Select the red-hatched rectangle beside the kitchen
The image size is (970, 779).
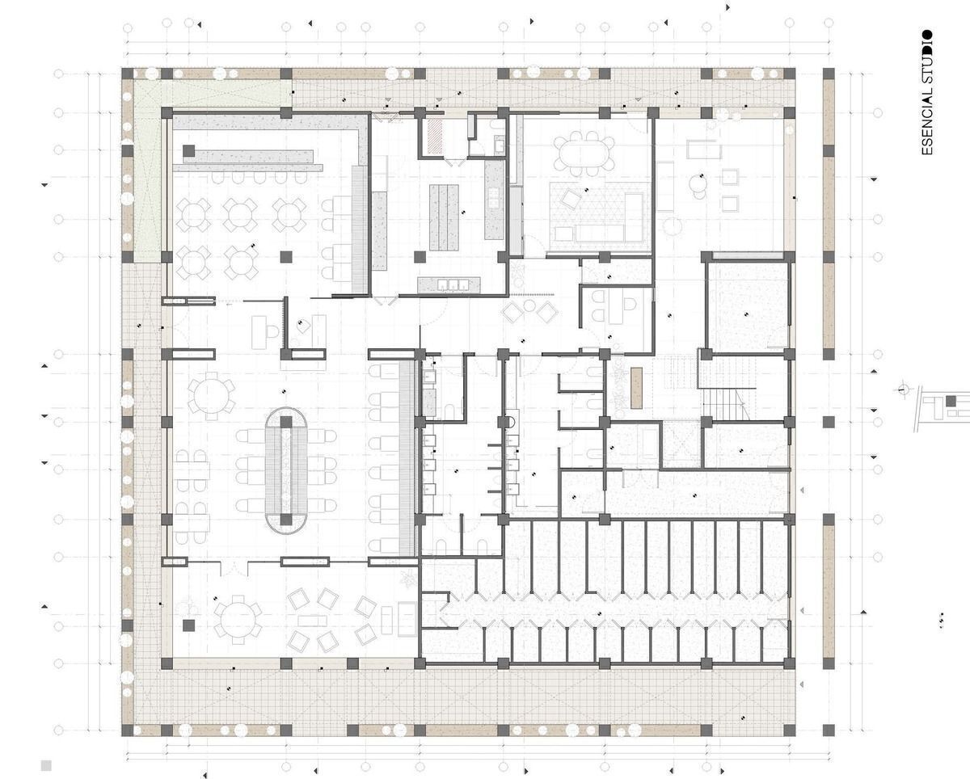tap(435, 133)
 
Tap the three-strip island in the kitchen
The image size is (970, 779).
tap(444, 217)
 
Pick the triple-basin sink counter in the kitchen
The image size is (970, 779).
tap(449, 284)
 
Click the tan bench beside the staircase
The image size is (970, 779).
tap(636, 388)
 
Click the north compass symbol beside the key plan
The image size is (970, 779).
tap(903, 389)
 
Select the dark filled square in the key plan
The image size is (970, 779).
tap(951, 401)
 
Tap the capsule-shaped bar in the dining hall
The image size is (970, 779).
tap(286, 470)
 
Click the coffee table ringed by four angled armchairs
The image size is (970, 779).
tap(312, 621)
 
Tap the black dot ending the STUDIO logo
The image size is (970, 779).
tap(926, 35)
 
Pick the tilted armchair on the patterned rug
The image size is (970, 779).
tap(571, 198)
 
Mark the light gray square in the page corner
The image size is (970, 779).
tap(46, 765)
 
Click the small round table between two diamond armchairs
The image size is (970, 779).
tap(529, 306)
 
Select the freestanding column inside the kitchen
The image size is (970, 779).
tap(420, 257)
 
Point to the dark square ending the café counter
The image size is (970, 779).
tap(189, 150)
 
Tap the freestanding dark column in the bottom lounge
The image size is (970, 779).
tap(189, 625)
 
